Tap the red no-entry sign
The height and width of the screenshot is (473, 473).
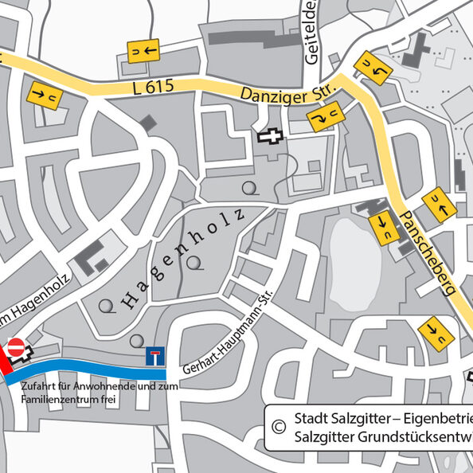15,347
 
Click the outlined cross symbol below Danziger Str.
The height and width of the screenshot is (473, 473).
270,136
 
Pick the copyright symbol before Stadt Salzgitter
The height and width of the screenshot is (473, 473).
279,427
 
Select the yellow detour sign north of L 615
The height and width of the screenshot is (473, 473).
143,51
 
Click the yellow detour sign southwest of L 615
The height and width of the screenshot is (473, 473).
45,95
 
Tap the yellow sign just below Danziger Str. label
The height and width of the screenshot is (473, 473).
323,119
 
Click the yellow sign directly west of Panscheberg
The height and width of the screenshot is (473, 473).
384,226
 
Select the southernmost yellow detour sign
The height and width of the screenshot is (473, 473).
435,332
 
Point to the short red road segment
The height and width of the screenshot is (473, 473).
4,368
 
